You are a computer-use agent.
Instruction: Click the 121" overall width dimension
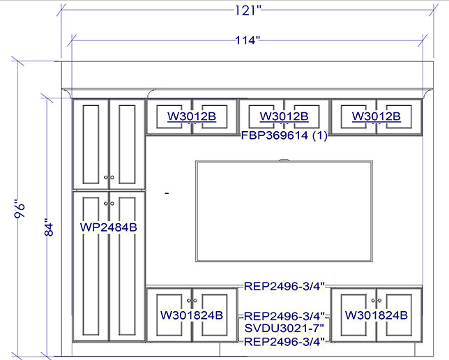(x=248, y=10)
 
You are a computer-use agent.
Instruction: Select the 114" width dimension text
(x=248, y=40)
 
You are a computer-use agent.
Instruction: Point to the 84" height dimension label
(x=49, y=227)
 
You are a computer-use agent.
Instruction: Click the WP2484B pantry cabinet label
(x=109, y=227)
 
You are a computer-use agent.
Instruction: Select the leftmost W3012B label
(x=192, y=117)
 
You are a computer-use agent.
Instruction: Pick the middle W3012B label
(x=284, y=117)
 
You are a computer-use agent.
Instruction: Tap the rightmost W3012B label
(x=376, y=117)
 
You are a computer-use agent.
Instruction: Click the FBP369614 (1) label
(x=284, y=135)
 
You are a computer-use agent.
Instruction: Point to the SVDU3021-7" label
(x=284, y=329)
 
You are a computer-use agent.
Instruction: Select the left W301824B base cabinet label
(x=192, y=315)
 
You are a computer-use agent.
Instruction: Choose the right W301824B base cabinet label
(x=376, y=315)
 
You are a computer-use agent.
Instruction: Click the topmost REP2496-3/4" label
(x=284, y=286)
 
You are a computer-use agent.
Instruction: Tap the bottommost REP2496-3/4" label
(x=284, y=342)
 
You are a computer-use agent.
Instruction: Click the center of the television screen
(x=284, y=211)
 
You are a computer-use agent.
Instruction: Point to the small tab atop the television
(x=284, y=160)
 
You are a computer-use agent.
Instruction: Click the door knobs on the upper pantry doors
(x=109, y=177)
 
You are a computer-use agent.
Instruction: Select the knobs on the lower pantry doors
(x=109, y=204)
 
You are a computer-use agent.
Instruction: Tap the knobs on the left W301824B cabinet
(x=192, y=301)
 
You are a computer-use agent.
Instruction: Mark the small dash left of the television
(x=167, y=193)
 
